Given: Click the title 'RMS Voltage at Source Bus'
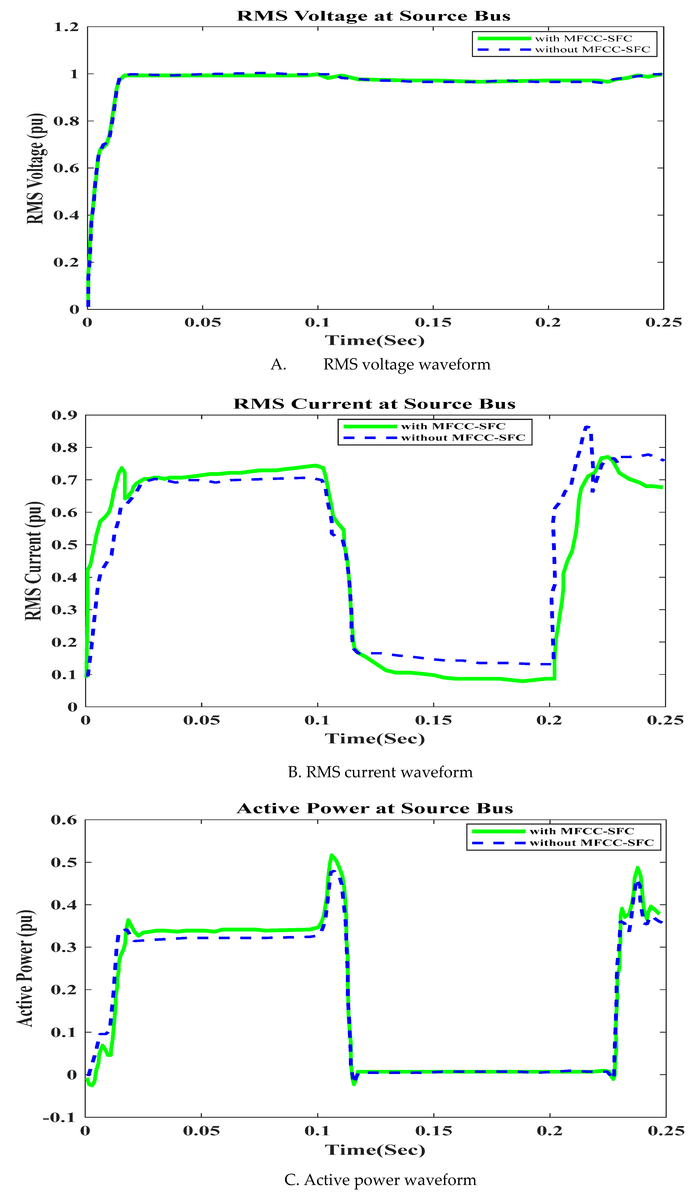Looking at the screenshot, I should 373,16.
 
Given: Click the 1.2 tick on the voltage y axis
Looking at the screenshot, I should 66,27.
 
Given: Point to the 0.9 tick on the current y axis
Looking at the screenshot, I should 65,415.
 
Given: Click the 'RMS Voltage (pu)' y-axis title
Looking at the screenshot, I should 36,169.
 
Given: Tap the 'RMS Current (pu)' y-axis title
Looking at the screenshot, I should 34,561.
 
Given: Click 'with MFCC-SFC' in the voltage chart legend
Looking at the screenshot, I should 583,38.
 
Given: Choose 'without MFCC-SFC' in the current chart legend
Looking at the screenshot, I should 463,438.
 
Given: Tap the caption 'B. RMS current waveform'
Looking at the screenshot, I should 380,772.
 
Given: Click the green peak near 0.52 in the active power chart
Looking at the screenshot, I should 332,855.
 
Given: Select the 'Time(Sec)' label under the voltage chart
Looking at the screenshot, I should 374,340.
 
